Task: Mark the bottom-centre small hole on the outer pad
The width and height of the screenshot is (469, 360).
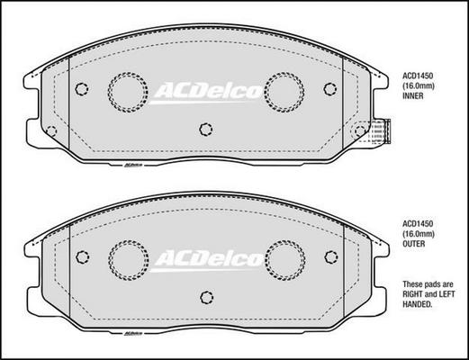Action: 206,297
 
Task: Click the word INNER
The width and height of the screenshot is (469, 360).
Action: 413,103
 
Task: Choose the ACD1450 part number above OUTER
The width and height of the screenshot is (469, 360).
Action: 419,223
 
